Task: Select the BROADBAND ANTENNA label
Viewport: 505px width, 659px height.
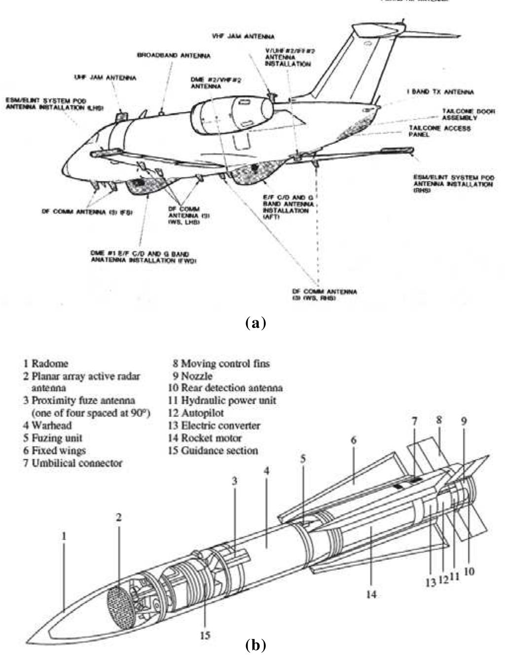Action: [x=174, y=56]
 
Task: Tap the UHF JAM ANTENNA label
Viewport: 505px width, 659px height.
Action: [x=105, y=78]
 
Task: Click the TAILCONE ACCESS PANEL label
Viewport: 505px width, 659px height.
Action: [x=439, y=131]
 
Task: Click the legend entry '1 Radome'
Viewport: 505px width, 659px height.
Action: [x=45, y=364]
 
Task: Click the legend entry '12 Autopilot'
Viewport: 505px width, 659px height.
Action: [x=196, y=413]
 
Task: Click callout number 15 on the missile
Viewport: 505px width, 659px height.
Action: [x=205, y=635]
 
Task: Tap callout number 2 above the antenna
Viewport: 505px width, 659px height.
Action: [x=119, y=518]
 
